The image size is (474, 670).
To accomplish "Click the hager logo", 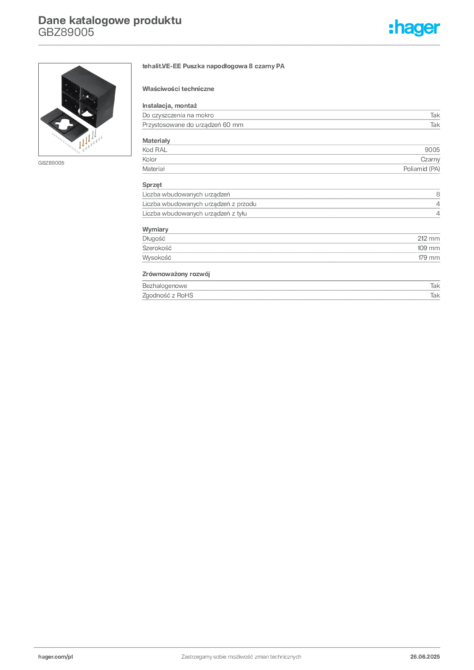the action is (x=414, y=27).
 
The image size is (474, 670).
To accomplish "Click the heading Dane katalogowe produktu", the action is (x=110, y=20).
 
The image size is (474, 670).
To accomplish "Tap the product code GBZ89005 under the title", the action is (x=66, y=32).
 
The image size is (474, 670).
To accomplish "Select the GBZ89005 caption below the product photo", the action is (x=51, y=163).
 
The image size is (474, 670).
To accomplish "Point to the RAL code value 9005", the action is (x=432, y=150).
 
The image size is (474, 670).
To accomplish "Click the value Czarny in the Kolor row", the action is (x=430, y=160).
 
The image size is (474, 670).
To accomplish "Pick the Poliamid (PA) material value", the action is (x=422, y=169).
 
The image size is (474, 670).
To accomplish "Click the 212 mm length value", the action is (x=429, y=238).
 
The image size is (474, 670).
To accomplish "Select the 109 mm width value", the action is (x=429, y=248).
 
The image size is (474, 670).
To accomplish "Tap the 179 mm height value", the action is (x=429, y=258).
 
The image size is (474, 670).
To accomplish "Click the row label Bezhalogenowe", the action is (x=164, y=286).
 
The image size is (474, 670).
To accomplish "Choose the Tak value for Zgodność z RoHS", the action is (x=435, y=295).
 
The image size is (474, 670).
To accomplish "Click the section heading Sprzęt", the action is (x=152, y=185).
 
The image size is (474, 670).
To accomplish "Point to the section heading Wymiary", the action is (x=155, y=230).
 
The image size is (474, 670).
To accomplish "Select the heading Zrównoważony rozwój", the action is (x=176, y=274).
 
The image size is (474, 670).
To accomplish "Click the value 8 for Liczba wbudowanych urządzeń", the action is (x=438, y=194).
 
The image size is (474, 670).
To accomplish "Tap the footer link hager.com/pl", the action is (x=56, y=657).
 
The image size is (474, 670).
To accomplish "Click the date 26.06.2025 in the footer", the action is (x=425, y=657).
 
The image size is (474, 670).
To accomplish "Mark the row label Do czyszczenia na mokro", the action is (x=178, y=115).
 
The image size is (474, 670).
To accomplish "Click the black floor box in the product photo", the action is (x=88, y=96).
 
